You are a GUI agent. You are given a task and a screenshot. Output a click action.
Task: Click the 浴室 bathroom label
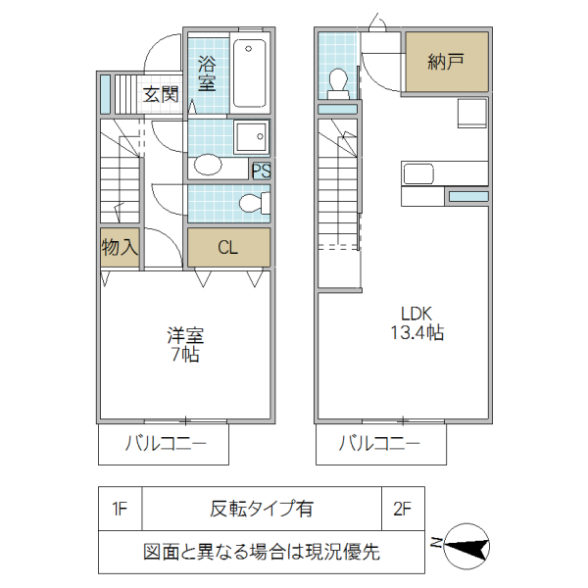pos(207,73)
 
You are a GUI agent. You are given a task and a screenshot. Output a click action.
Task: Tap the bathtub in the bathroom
pos(249,73)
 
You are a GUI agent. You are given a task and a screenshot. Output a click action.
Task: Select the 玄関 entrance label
pos(161,95)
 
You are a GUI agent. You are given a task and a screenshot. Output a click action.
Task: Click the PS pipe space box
pos(261,171)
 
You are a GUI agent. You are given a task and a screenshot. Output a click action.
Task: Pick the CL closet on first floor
pos(227,247)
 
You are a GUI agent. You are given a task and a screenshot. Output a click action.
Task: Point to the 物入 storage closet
pos(120,247)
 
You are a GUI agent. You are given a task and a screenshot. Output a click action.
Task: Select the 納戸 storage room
pos(446,63)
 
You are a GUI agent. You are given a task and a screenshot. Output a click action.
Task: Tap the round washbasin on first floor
pos(209,164)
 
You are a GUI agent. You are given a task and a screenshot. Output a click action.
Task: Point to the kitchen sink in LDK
pos(418,173)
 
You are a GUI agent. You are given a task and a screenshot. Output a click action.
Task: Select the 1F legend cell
pos(121,509)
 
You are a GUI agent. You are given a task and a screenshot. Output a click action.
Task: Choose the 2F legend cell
pos(402,509)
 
